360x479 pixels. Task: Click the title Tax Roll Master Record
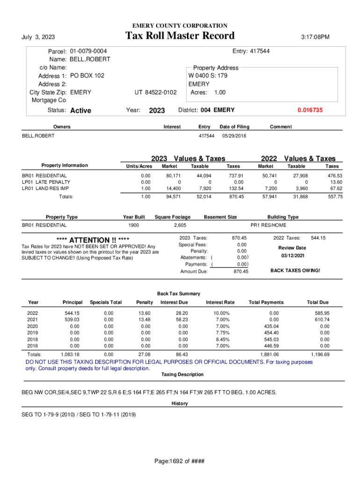(180, 36)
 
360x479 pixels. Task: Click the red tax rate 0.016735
(310, 110)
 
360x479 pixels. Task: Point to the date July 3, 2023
(38, 37)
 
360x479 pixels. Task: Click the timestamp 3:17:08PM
(314, 37)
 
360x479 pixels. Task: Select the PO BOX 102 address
(87, 76)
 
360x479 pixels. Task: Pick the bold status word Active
(80, 111)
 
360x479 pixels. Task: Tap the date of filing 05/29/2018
(234, 136)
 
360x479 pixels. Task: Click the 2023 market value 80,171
(173, 175)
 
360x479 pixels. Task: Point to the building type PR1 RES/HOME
(268, 225)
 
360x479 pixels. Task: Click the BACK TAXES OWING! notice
(295, 270)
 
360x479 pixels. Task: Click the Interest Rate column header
(220, 302)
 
